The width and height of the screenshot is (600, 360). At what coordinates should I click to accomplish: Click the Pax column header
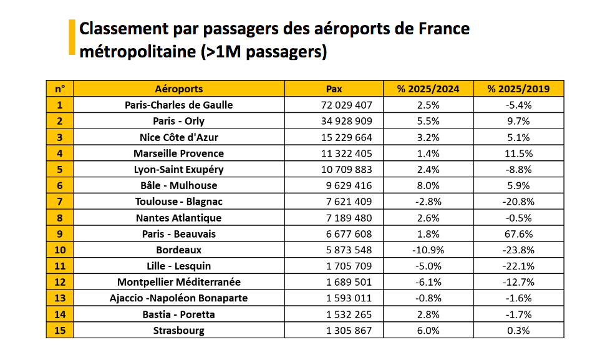334,89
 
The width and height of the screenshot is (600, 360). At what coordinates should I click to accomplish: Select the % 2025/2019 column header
518,89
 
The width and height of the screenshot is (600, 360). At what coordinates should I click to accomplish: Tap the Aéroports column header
179,89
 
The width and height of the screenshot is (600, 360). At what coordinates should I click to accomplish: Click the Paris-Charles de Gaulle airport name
179,105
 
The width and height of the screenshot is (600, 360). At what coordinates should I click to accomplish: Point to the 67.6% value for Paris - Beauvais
518,234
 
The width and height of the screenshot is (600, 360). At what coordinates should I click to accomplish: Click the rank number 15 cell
60,331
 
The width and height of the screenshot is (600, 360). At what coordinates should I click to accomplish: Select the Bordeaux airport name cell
179,250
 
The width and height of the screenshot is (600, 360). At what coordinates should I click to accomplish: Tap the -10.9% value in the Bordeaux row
428,250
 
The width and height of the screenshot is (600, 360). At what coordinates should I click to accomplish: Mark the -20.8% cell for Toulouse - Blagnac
518,202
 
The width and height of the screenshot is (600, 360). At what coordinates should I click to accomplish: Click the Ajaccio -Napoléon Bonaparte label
179,298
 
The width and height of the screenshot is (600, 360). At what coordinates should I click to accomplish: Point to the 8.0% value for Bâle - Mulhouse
428,185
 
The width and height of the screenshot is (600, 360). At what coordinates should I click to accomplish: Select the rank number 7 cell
60,202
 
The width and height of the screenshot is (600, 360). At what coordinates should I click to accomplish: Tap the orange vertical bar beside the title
72,37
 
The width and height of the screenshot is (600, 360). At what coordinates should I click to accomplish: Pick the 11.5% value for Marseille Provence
518,153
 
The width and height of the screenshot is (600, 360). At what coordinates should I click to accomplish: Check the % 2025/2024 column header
428,89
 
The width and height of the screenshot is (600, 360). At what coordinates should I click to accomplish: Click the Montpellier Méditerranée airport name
179,282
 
